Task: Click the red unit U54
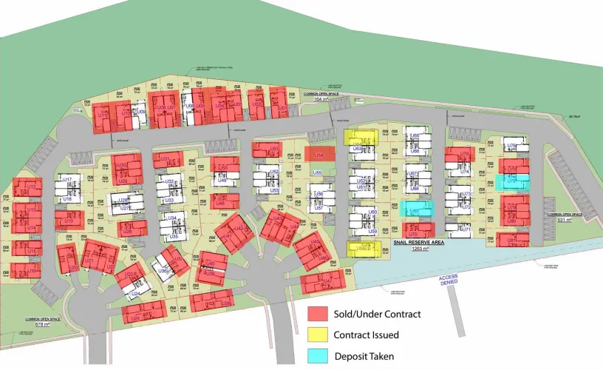click(319, 154)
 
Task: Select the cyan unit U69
click(415, 209)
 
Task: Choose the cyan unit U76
click(514, 181)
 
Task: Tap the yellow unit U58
click(363, 249)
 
